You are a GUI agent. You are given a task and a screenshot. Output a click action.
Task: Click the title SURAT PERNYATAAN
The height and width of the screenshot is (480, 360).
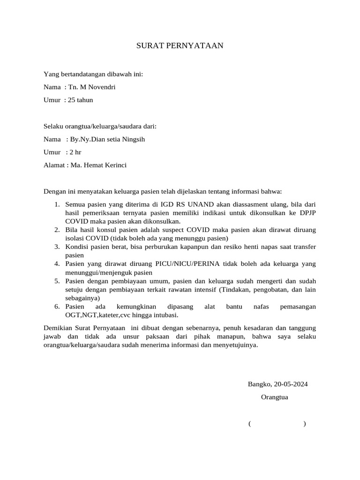coord(180,45)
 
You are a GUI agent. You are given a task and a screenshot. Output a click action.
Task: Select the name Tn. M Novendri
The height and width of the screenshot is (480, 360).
coord(92,87)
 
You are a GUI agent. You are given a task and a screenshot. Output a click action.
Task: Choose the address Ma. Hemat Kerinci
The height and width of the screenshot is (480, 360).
coord(98,165)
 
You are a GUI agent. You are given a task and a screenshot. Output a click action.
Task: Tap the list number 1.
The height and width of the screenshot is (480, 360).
coord(57,204)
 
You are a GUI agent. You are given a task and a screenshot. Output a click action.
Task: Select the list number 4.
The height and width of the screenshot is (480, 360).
coord(57,264)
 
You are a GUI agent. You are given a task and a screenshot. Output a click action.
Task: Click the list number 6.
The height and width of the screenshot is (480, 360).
coord(57,306)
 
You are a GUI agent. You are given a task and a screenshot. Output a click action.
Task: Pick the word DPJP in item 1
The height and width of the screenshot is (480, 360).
coord(306,213)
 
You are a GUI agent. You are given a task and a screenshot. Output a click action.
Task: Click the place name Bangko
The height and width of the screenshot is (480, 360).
coord(259,384)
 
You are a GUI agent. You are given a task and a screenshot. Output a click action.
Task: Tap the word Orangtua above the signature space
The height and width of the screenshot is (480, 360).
coord(274,397)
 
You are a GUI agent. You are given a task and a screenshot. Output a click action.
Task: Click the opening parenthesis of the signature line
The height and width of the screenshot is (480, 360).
coord(250,424)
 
